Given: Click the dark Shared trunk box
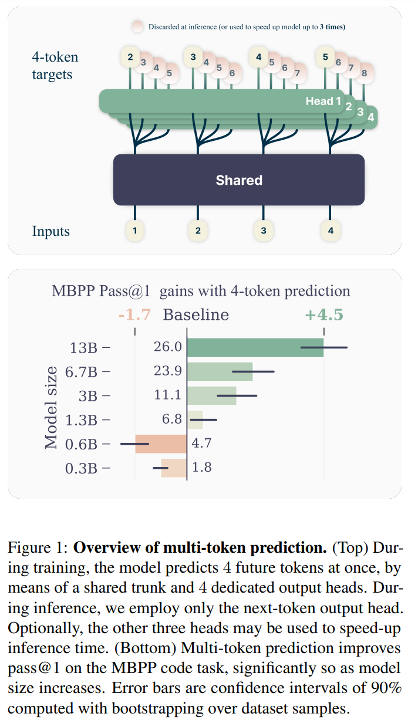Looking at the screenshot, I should click(238, 180).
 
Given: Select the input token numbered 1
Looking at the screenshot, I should click(135, 231).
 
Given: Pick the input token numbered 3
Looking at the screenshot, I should click(264, 231).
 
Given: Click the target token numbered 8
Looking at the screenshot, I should click(364, 73).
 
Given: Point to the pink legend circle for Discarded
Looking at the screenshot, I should click(138, 27).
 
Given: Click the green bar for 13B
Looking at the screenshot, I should click(255, 347).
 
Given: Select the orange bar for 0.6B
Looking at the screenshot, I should click(161, 443).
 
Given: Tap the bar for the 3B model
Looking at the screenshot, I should click(211, 395).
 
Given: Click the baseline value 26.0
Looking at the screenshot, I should click(168, 347).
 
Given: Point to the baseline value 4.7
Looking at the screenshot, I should click(201, 443).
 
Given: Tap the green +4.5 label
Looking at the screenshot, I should click(323, 315).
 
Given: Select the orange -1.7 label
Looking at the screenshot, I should click(134, 315).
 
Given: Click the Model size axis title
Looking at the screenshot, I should click(52, 407).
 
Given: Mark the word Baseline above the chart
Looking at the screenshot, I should click(195, 315).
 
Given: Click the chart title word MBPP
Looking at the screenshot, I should click(72, 290).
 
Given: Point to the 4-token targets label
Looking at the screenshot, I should click(55, 66).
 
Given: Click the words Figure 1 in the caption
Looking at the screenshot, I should click(36, 549).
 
